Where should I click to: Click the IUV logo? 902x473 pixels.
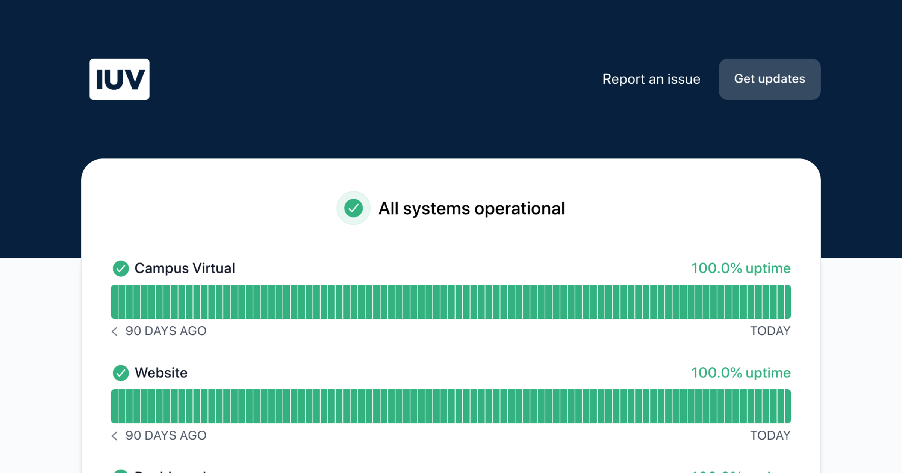click(119, 79)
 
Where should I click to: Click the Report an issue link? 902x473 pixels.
click(651, 79)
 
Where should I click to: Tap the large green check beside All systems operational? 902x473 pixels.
click(353, 208)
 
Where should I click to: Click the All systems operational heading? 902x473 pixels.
click(471, 209)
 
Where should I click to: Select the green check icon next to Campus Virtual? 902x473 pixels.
click(121, 268)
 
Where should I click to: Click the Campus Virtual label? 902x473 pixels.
click(185, 268)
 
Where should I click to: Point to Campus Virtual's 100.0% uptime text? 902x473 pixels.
click(741, 268)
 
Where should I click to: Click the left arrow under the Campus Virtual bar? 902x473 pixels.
click(115, 331)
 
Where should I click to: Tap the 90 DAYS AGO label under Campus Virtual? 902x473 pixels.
click(166, 331)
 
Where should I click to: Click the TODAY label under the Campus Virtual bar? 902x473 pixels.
click(770, 331)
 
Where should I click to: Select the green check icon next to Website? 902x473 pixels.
click(121, 373)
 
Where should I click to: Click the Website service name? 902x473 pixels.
click(161, 373)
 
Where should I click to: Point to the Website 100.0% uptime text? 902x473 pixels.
click(741, 373)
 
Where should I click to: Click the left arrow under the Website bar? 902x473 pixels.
click(115, 435)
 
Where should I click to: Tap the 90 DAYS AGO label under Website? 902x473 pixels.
click(166, 435)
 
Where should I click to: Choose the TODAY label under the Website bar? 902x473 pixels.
click(770, 435)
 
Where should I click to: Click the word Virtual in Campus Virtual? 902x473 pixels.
click(213, 268)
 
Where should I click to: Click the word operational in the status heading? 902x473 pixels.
click(519, 209)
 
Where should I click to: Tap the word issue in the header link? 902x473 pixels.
click(684, 79)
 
